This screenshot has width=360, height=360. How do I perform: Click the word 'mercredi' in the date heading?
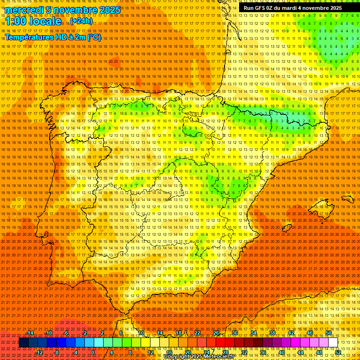[23, 10]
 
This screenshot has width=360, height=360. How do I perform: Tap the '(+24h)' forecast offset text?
[81, 21]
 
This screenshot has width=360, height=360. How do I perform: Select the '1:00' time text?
[17, 21]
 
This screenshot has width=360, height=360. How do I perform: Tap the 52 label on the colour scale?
[338, 352]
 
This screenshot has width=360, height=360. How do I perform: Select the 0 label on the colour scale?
[93, 352]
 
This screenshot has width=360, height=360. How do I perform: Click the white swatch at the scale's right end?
[333, 343]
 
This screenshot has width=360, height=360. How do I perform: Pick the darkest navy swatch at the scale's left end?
[23, 343]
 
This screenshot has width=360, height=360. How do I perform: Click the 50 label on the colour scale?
[329, 333]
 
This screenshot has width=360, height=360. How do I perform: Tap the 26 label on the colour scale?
[216, 333]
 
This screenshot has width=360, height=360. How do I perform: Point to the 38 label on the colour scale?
[272, 333]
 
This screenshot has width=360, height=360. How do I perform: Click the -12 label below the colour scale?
[39, 352]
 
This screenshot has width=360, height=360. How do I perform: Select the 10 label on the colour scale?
[141, 333]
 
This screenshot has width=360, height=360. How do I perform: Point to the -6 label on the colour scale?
[66, 333]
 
